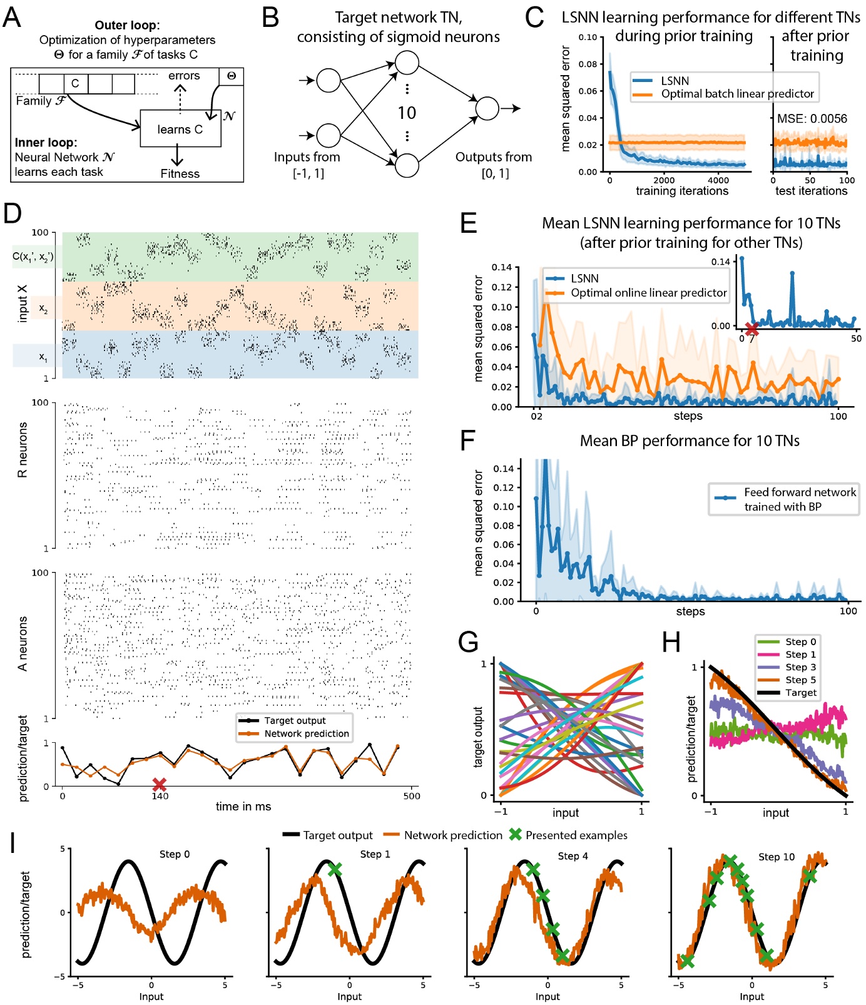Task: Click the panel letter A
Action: tap(12, 18)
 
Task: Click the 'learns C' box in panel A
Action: tap(180, 129)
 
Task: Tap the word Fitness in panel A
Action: tap(180, 174)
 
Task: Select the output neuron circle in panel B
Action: tap(487, 108)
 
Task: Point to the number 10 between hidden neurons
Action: tap(407, 113)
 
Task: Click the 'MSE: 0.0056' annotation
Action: tap(812, 118)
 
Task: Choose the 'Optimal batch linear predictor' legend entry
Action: tap(737, 94)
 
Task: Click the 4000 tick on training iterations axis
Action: tap(718, 180)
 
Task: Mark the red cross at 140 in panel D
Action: tap(160, 784)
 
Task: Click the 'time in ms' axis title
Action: tap(243, 807)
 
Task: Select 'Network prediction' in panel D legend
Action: tap(306, 733)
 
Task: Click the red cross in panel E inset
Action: tap(752, 328)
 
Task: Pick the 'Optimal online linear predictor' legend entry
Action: tap(648, 293)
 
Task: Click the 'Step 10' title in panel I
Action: tap(776, 857)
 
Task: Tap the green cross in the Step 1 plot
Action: tap(335, 869)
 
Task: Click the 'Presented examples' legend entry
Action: tap(576, 835)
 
